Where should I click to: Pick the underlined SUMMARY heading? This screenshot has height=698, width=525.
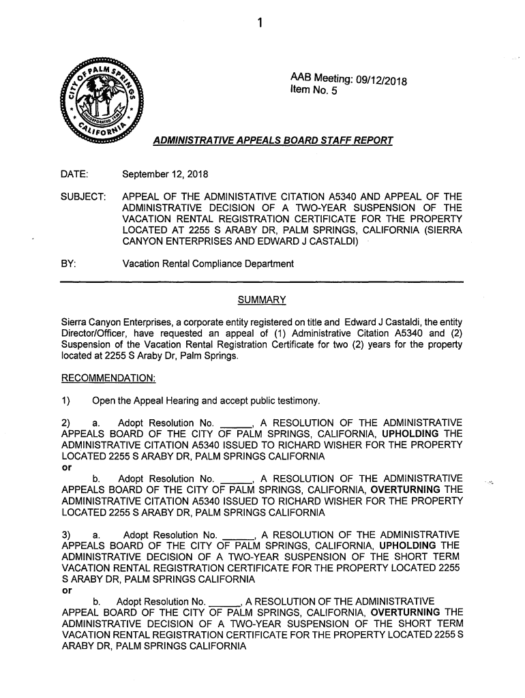tap(261, 301)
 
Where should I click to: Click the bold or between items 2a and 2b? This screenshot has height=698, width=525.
tap(66, 466)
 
